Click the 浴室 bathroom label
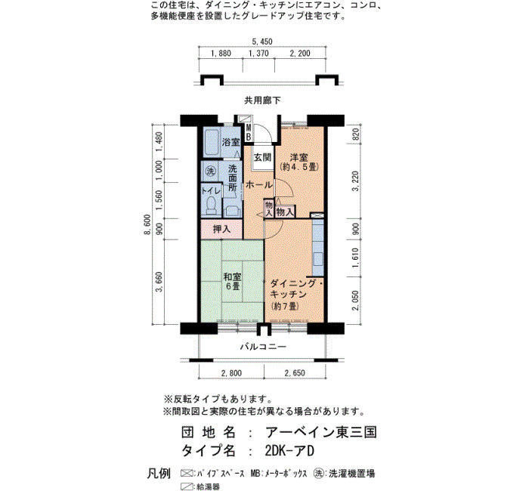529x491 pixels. coord(230,142)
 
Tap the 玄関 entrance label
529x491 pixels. coord(262,157)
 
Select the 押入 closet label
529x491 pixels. coord(221,230)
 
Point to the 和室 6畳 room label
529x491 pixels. coord(233,281)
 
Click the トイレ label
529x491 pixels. coord(211,191)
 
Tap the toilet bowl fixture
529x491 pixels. coord(211,205)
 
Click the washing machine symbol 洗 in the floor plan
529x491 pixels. coord(211,171)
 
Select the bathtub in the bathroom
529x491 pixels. coord(212,142)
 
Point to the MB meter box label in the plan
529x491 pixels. coord(249,132)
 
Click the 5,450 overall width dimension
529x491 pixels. coord(262,42)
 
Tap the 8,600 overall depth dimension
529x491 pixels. coord(147,225)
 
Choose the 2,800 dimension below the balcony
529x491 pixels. coord(231,373)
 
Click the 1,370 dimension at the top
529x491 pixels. coord(258,54)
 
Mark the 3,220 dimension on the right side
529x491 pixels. coord(355,181)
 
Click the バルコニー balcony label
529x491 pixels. coord(263,346)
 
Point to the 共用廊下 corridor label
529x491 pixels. coord(262,100)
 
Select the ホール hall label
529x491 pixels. coord(258,185)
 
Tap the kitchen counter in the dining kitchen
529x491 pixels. coord(318,248)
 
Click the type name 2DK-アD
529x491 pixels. coord(289,451)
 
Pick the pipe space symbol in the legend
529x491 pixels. coord(187,474)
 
